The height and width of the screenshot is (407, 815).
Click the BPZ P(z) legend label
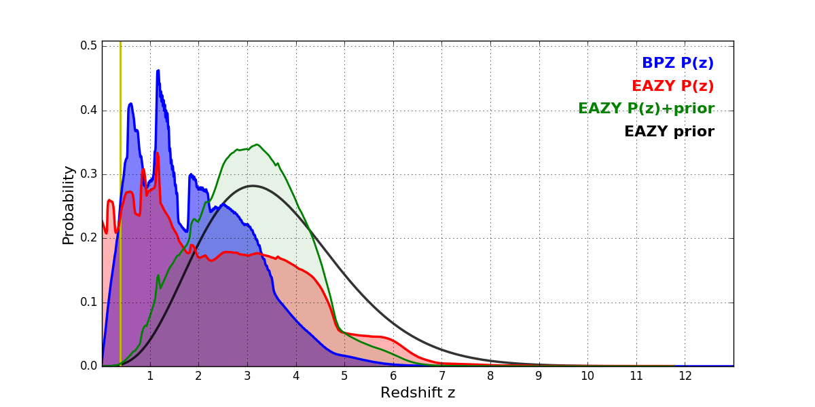click(x=677, y=64)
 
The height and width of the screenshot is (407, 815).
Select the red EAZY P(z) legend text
click(x=672, y=87)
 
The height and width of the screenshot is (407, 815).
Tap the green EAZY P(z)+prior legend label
click(x=646, y=109)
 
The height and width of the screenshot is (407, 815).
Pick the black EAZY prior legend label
click(x=669, y=132)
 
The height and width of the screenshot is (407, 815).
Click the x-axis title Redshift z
click(x=418, y=393)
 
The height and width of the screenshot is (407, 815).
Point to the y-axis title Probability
click(x=69, y=205)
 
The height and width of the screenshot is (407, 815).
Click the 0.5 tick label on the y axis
click(x=88, y=46)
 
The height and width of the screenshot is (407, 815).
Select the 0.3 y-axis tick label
click(x=88, y=174)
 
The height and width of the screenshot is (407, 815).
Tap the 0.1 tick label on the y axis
click(x=88, y=303)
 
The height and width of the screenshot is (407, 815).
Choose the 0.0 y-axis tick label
click(x=88, y=366)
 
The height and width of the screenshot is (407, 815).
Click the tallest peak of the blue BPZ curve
click(x=158, y=71)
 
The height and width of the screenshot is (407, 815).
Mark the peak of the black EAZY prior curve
click(x=253, y=186)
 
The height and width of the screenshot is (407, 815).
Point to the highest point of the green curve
click(x=256, y=144)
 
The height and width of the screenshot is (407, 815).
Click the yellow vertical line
click(x=120, y=203)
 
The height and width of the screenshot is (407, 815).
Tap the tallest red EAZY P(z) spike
click(x=158, y=153)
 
